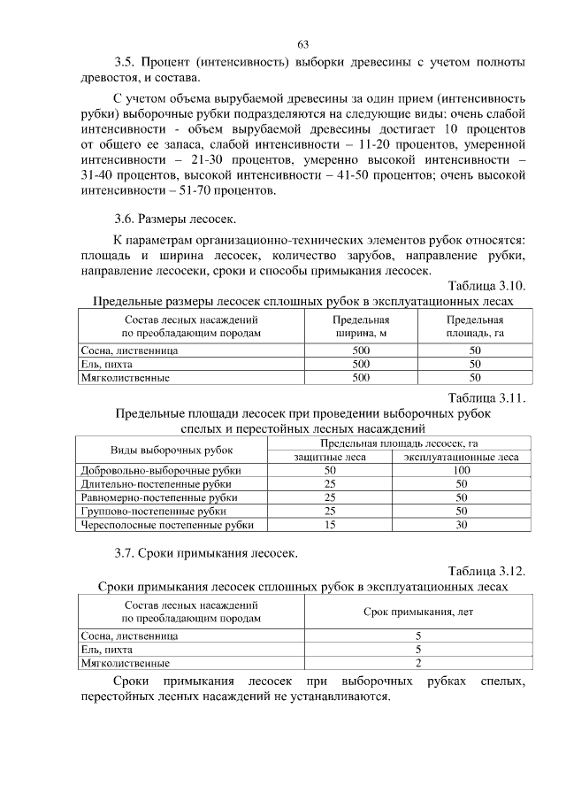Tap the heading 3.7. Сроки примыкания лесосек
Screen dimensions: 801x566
click(x=205, y=554)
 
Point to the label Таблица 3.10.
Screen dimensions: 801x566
click(x=487, y=286)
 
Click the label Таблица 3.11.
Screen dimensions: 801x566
click(x=487, y=397)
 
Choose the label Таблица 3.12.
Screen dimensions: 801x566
click(x=487, y=571)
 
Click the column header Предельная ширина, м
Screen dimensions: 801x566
click(x=361, y=326)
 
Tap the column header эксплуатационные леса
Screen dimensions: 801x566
click(x=462, y=458)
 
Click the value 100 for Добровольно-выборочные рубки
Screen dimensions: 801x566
click(x=462, y=471)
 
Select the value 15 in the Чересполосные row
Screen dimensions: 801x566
click(x=330, y=525)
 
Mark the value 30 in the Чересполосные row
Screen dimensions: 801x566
click(x=462, y=525)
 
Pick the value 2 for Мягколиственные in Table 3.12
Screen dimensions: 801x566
click(x=417, y=662)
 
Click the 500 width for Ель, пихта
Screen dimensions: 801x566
click(x=361, y=364)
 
